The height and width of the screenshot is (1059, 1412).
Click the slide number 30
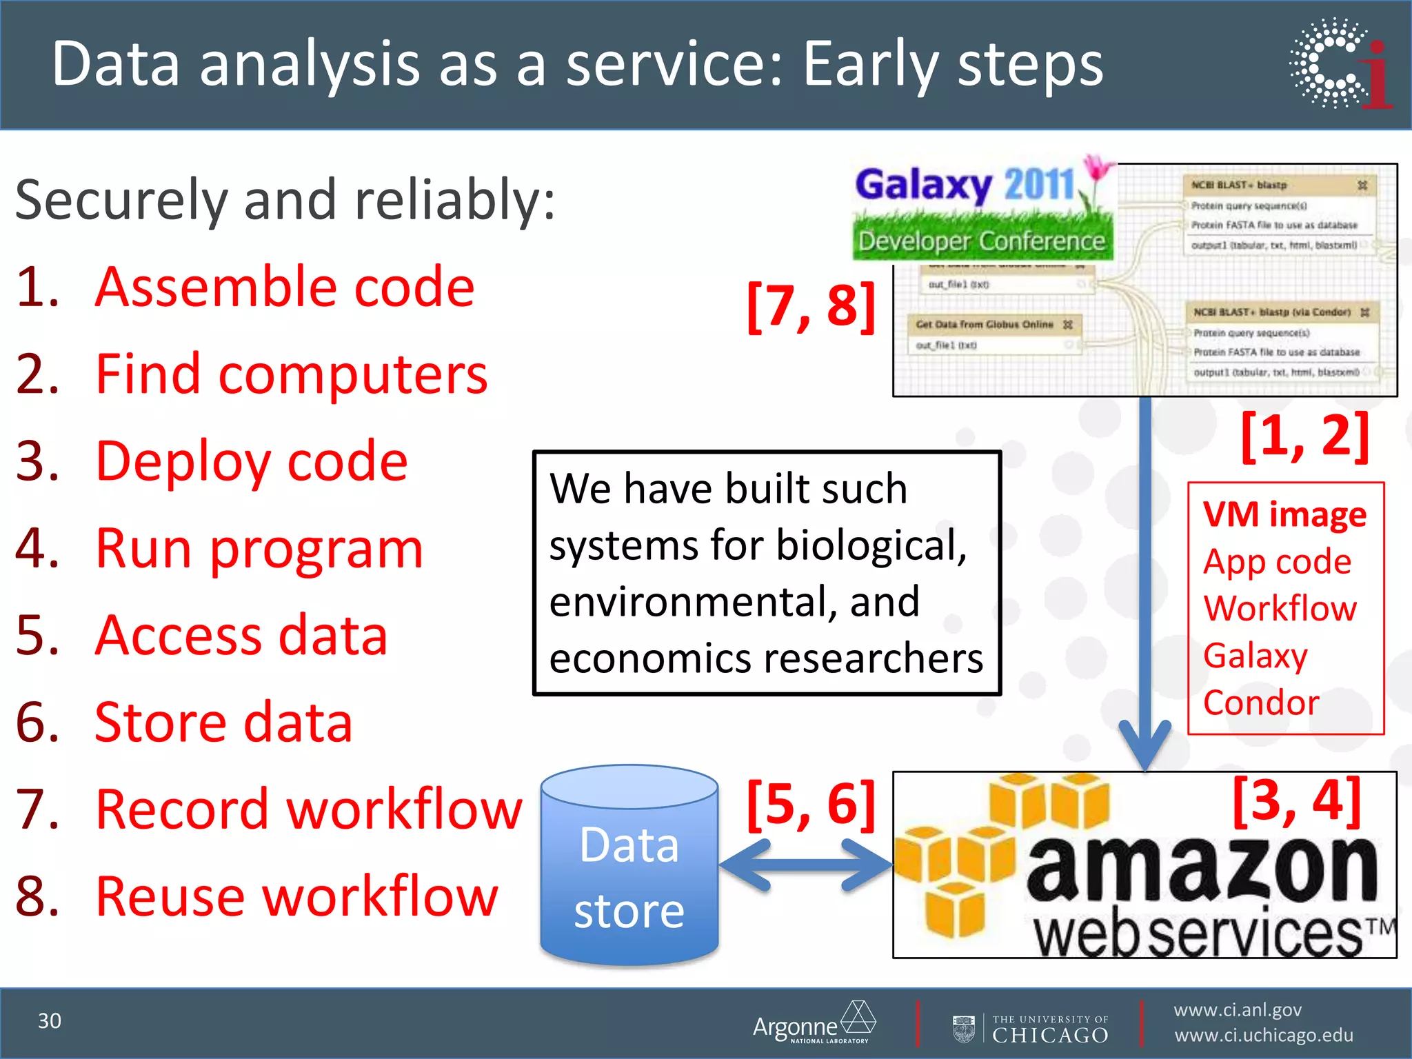(x=49, y=1020)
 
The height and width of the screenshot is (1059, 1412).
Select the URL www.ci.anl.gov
(x=1237, y=1010)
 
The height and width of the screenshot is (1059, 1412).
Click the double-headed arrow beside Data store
(x=805, y=865)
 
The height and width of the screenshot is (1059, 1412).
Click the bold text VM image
(x=1284, y=514)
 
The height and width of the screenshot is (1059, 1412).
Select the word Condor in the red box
(x=1260, y=703)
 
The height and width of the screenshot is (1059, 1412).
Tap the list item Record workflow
(x=308, y=809)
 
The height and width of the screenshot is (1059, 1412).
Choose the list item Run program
(x=259, y=549)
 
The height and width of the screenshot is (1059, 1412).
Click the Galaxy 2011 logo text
(x=965, y=185)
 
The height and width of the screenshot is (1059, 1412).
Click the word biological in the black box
(x=870, y=545)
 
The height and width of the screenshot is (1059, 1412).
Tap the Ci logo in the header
(x=1340, y=63)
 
